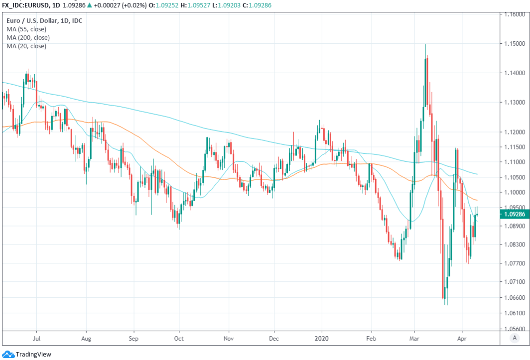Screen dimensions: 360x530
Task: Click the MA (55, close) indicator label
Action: coord(26,29)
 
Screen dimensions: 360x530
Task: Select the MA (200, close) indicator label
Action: coord(28,38)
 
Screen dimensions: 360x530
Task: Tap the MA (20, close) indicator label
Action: coord(26,46)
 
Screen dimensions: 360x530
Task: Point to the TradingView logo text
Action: coord(33,355)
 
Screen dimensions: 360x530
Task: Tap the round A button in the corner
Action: coord(514,338)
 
